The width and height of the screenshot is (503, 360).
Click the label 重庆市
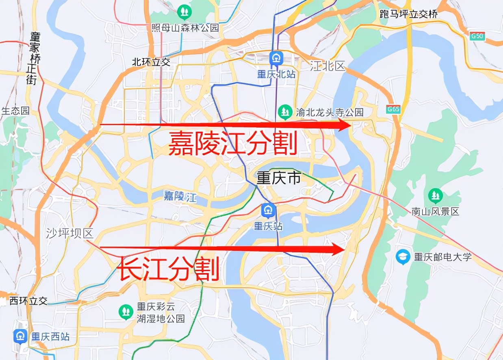pos(278,178)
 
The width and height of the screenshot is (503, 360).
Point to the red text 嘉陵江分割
pos(233,143)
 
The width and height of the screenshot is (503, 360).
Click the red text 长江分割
pos(169,269)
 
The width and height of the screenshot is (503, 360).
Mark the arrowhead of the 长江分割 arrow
pos(339,248)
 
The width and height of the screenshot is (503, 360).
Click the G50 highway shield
pos(477,36)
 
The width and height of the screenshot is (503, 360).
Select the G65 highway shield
pos(393,109)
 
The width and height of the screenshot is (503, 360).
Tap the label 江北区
pos(327,65)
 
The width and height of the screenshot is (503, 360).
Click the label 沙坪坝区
pos(69,233)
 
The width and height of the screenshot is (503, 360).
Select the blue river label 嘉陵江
pos(180,197)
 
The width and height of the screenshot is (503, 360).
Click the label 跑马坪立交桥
pos(408,14)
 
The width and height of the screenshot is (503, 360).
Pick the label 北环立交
pos(151,62)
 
